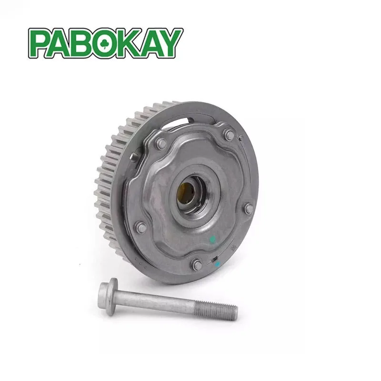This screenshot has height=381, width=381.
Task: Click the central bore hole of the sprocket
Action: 187,192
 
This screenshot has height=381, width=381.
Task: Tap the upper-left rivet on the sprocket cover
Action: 161,143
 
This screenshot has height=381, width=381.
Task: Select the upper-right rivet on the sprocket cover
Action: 230,135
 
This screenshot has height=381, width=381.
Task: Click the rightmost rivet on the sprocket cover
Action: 248,208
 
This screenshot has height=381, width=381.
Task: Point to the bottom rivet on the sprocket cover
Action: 196,264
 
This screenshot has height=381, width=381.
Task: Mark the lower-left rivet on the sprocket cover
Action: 141,227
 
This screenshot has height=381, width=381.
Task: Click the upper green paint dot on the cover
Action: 213,240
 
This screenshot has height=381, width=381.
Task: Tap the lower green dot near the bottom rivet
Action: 217,263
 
